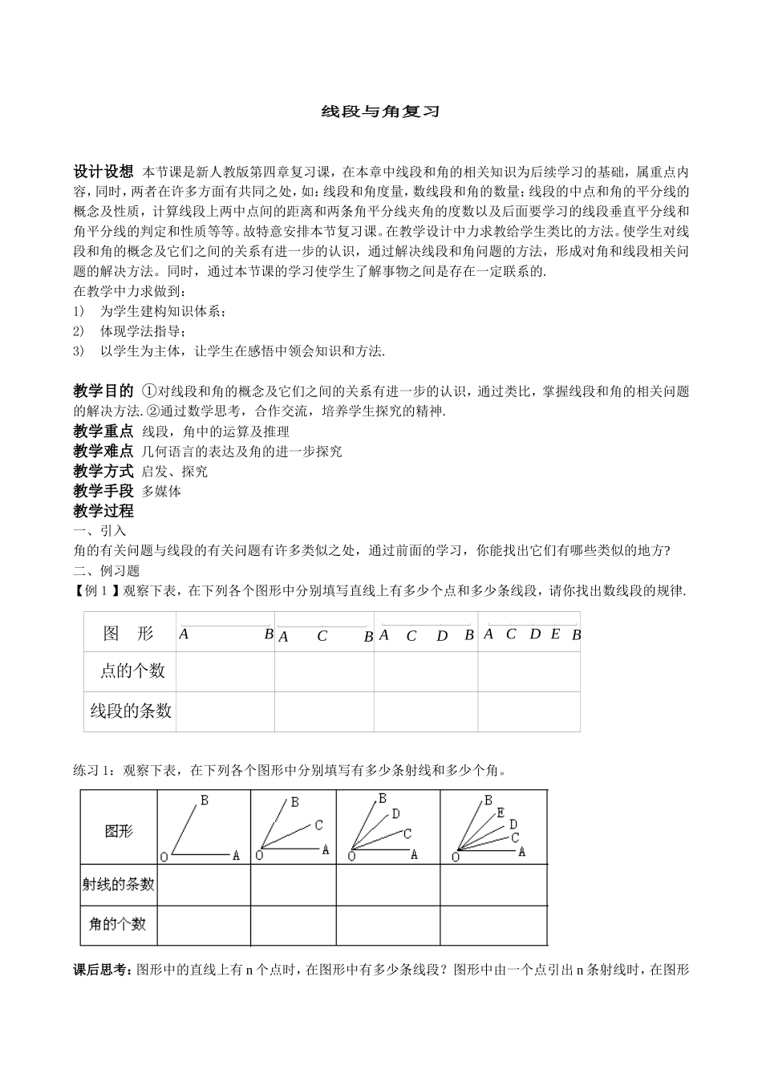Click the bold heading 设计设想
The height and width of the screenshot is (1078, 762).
pos(103,172)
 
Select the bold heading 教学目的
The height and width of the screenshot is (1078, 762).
pos(103,391)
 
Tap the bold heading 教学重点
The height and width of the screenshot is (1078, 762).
pos(103,432)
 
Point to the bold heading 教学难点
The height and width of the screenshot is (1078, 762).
pos(103,452)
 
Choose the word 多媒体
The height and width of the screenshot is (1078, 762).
pos(161,492)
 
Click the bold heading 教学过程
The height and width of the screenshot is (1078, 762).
pos(103,511)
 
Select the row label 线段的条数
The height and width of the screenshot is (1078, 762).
pos(131,711)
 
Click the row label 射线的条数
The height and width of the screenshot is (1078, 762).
pos(119,884)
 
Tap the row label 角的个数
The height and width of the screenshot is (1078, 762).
pos(118,924)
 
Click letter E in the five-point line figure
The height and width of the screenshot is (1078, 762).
pos(555,634)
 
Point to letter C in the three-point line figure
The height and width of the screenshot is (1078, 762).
pos(322,637)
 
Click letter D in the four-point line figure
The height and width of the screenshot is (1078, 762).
pos(442,637)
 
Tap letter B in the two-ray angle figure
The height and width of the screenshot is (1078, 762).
pos(205,800)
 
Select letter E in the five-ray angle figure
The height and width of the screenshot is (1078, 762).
pos(501,813)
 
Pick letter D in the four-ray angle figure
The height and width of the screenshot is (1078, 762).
pos(396,814)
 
